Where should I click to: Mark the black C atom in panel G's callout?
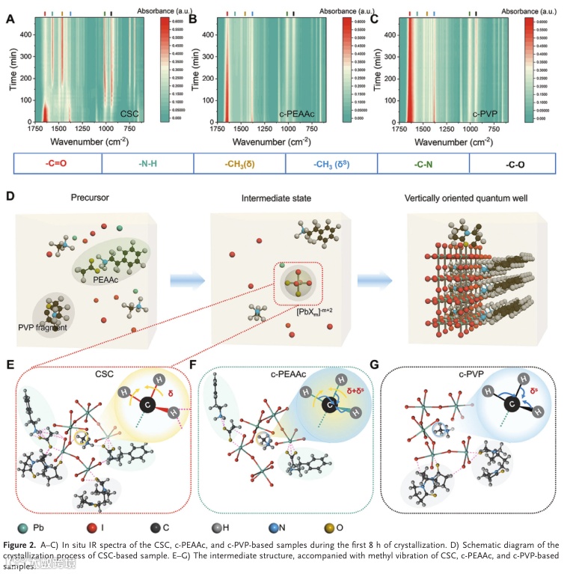tap(511, 407)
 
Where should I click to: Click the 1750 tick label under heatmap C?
tap(397, 129)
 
